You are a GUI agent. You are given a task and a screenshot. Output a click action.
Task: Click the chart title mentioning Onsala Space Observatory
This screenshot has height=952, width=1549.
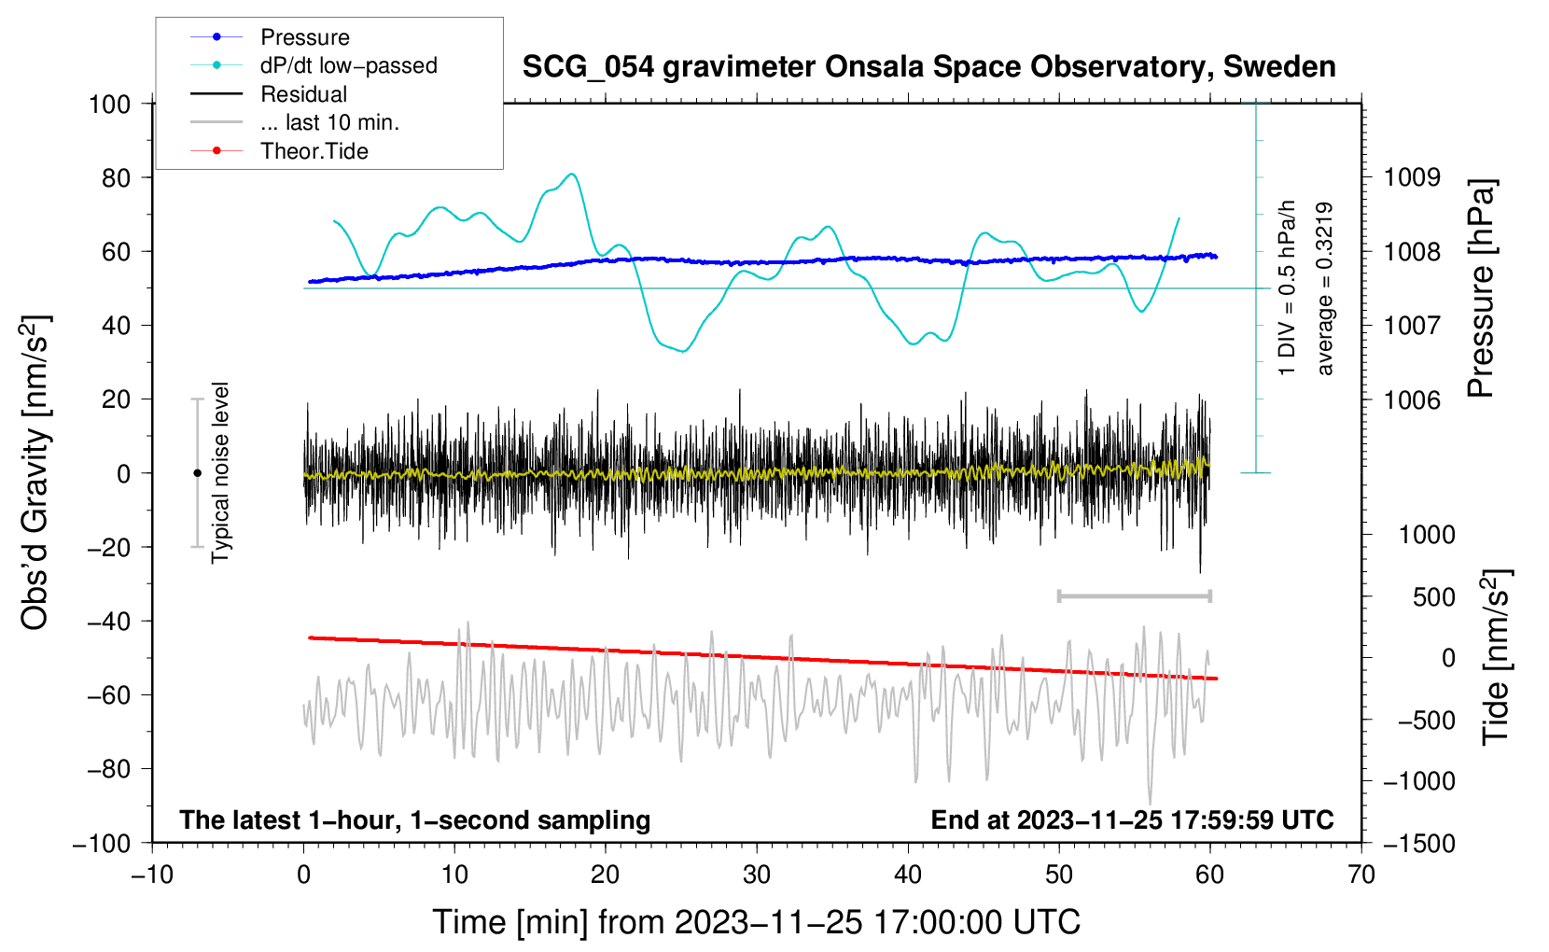tap(928, 67)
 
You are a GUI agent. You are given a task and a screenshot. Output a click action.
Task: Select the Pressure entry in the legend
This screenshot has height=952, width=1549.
tap(304, 37)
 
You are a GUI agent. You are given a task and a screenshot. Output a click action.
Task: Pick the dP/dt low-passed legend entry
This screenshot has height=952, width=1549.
tap(348, 65)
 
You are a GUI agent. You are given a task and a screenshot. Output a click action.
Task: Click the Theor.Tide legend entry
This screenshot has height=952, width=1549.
tap(314, 151)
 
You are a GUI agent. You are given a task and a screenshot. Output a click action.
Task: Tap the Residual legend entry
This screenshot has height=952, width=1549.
tap(303, 94)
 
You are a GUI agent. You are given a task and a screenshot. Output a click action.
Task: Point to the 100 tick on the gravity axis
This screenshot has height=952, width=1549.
tap(109, 104)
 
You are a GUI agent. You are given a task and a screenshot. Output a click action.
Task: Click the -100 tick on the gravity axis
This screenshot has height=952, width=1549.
tap(102, 843)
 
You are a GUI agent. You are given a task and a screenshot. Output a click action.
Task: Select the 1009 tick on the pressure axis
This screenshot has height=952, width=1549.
tap(1412, 177)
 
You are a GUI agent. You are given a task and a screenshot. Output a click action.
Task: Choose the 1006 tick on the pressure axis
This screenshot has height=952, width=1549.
tap(1412, 399)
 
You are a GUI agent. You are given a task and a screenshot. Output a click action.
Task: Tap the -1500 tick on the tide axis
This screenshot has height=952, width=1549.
tap(1418, 843)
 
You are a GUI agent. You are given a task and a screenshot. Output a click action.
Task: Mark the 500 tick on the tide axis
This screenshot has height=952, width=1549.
tap(1434, 596)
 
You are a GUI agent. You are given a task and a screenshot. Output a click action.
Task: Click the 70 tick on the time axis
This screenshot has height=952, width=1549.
tap(1361, 875)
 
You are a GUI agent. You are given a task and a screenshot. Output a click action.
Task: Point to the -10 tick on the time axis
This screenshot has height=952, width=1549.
tap(152, 875)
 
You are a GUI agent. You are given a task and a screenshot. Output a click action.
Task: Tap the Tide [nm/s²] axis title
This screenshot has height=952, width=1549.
tap(1496, 657)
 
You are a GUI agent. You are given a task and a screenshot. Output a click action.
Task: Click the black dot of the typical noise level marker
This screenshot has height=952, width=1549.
tap(197, 473)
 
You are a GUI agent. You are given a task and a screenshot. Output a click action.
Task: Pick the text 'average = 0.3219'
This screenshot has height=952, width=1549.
tap(1325, 289)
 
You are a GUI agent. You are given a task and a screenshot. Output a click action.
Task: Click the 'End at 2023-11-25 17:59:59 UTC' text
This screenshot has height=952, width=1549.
tap(1132, 819)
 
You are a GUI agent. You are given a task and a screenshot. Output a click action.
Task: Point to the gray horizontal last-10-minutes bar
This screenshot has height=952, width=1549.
tap(1134, 595)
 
